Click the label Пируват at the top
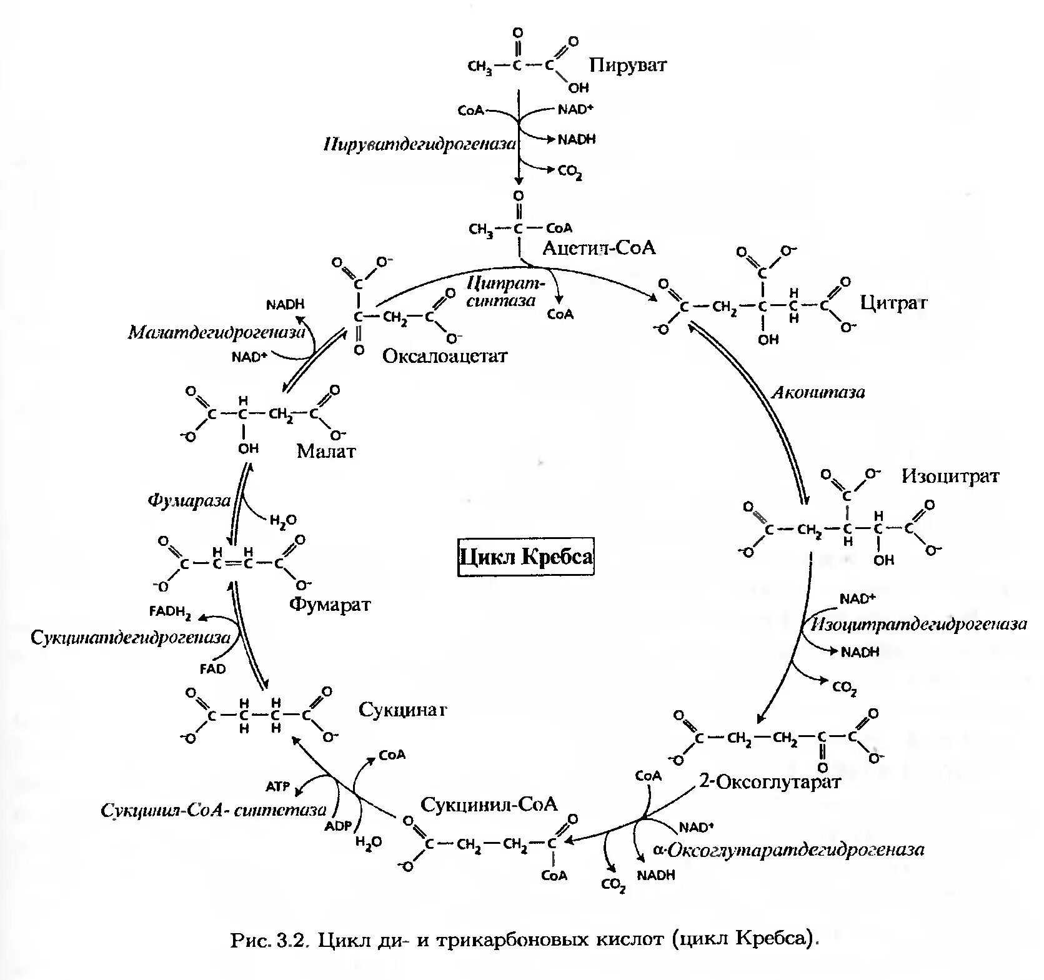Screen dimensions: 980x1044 628,65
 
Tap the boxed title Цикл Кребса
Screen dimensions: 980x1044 526,557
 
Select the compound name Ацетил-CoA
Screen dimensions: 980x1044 599,248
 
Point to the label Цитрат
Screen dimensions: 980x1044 893,303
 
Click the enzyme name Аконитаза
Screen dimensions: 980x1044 818,393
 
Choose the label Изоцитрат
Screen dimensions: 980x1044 950,477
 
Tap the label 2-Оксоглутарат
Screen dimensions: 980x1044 770,781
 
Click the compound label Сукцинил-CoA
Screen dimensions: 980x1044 489,804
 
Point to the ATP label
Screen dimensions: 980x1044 278,786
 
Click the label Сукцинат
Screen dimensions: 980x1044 403,710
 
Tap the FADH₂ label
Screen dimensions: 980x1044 170,611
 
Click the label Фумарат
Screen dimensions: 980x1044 329,605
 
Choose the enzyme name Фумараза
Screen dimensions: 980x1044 189,500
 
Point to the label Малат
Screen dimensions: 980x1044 326,451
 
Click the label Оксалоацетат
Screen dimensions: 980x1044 445,356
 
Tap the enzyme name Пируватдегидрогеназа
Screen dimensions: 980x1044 420,145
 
